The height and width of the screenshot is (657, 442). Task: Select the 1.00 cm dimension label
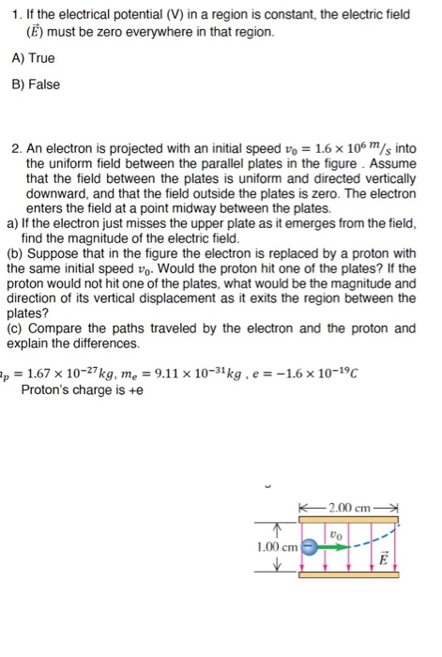[276, 546]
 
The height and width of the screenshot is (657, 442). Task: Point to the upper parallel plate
[350, 522]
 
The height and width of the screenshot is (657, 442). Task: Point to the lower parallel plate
[350, 573]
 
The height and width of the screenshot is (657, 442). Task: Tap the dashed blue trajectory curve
[379, 538]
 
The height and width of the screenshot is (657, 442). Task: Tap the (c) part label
[16, 328]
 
